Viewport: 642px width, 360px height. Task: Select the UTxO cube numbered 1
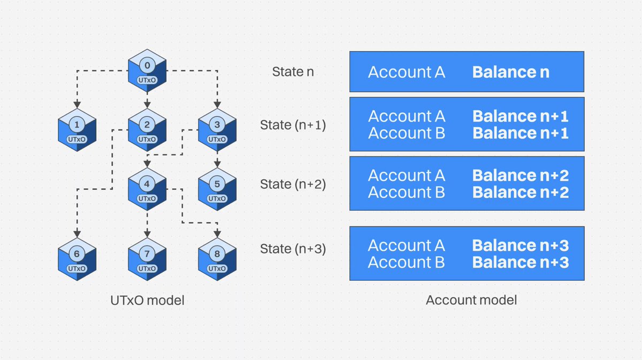77,131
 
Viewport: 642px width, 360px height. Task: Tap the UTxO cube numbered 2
147,131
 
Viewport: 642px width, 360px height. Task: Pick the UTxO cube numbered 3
217,131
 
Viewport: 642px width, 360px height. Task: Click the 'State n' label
293,72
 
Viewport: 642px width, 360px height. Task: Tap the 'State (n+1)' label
293,125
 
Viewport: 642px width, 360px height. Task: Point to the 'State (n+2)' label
293,184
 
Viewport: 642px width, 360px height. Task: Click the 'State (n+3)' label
293,249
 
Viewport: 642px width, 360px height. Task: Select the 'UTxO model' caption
147,301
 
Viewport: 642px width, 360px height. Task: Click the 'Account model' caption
471,300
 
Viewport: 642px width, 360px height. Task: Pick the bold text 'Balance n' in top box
510,72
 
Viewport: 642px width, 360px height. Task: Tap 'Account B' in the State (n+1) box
406,134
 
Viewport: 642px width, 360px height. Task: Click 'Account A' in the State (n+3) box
406,246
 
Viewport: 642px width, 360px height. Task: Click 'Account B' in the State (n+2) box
406,193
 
